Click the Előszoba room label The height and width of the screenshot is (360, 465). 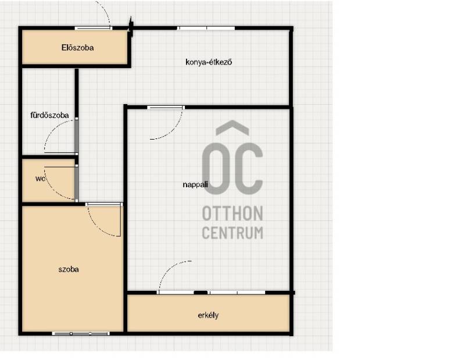(x=78, y=48)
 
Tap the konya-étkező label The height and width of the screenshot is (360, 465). (x=209, y=62)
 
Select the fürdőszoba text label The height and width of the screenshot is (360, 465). (x=49, y=115)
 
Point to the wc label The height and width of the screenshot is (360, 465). (x=40, y=179)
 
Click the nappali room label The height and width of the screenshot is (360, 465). (x=195, y=184)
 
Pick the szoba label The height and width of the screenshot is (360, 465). (x=69, y=269)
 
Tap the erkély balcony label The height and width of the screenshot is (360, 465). (x=208, y=315)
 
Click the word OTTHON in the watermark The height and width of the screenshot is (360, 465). (x=233, y=213)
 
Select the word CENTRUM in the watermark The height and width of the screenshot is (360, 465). (x=233, y=233)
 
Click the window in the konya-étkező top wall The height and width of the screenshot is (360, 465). (x=206, y=28)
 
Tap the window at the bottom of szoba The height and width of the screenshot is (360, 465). (x=81, y=334)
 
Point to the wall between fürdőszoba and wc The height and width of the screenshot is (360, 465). (x=49, y=156)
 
